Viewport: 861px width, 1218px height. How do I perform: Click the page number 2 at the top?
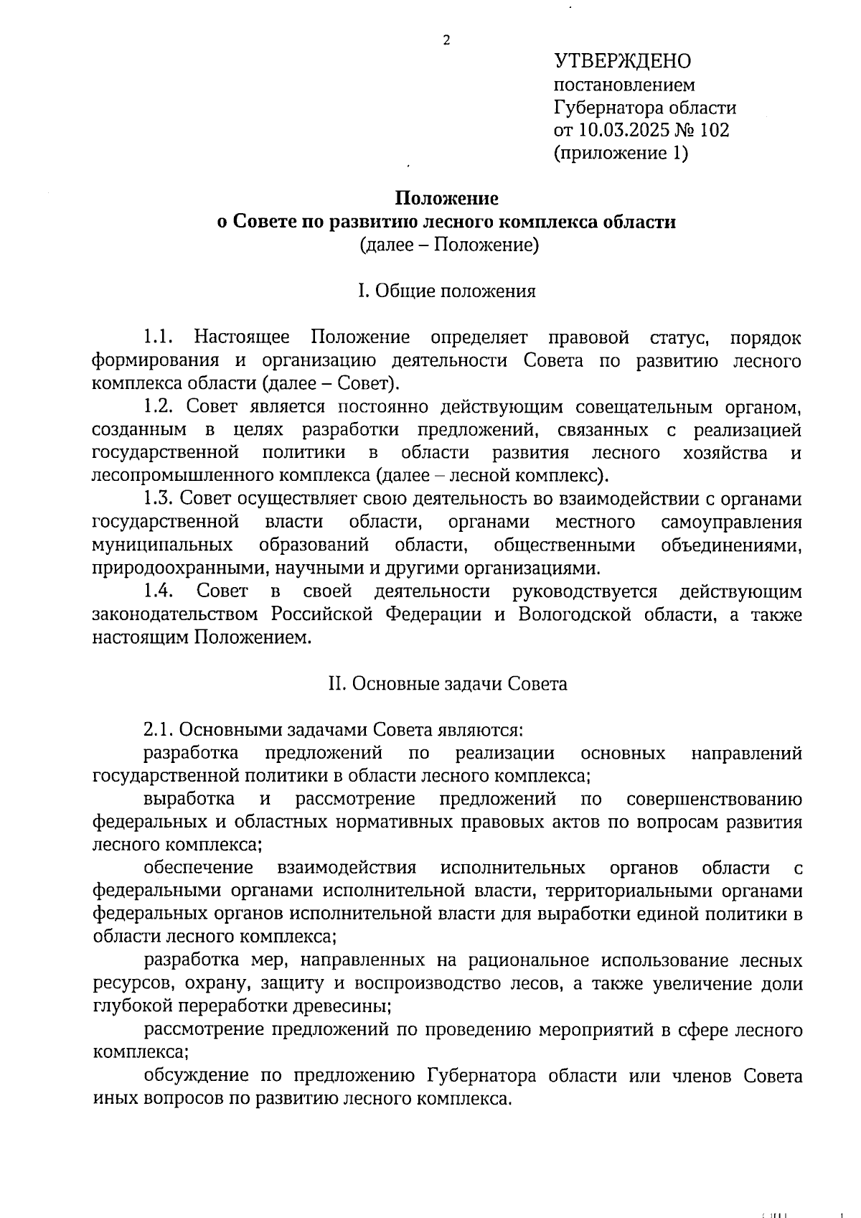click(446, 41)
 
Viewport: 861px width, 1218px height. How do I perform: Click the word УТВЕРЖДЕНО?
click(623, 62)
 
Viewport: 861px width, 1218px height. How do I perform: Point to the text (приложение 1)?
click(621, 153)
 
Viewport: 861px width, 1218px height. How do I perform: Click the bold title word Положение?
click(447, 197)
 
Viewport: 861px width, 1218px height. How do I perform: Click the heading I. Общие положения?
click(446, 291)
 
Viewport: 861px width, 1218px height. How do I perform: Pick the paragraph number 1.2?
click(159, 407)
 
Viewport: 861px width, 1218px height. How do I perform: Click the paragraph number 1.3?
click(159, 499)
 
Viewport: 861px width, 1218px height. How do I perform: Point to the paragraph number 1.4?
click(159, 591)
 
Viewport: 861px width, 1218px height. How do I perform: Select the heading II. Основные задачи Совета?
click(448, 684)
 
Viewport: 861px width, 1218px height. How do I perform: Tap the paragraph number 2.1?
click(157, 731)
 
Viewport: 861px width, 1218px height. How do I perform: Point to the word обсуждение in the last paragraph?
click(197, 1076)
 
